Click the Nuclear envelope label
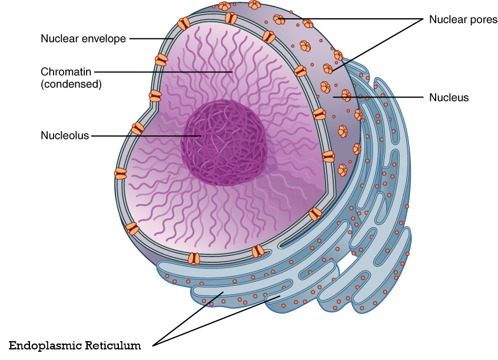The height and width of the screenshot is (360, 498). [x=83, y=39]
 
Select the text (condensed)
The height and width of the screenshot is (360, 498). [x=71, y=84]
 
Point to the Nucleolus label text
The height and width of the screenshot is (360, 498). [x=65, y=135]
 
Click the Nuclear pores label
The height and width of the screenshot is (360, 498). [x=463, y=19]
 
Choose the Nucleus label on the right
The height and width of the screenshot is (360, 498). [x=449, y=98]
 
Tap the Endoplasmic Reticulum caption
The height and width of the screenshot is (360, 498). [x=75, y=345]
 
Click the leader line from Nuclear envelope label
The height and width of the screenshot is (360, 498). [x=150, y=39]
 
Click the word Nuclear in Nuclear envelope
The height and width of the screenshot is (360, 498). [x=58, y=39]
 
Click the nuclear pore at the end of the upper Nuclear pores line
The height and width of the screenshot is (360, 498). [x=280, y=20]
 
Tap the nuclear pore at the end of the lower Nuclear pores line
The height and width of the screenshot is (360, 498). [x=328, y=69]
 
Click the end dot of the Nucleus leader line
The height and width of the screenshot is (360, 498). [x=334, y=97]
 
